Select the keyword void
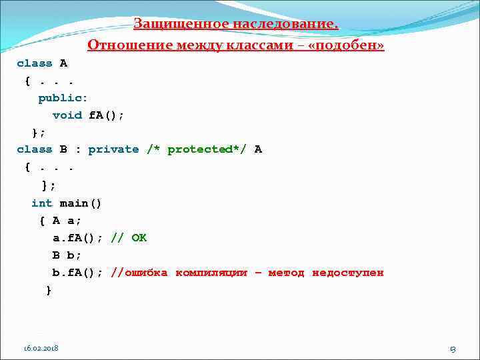67,115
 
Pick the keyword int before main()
41,203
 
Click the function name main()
81,203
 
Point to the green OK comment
139,237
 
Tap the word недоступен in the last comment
348,273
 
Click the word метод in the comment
286,273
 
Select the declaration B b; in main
67,255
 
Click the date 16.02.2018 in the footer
41,348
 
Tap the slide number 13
453,349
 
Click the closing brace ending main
48,290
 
